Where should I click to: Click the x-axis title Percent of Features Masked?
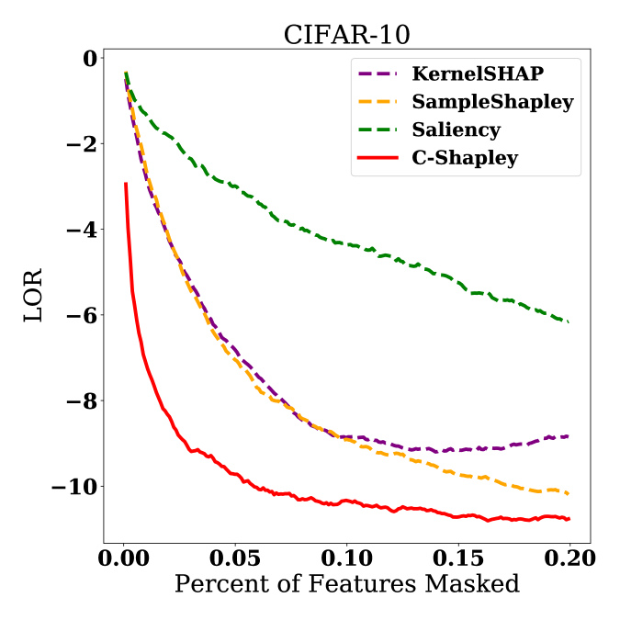tap(346, 583)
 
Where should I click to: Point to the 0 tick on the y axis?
tap(89, 58)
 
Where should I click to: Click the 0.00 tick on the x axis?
tap(124, 558)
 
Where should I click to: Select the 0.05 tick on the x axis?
tap(235, 558)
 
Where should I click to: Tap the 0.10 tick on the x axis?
tap(346, 558)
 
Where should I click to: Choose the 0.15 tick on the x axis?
tap(457, 558)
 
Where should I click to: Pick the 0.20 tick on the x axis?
tap(569, 558)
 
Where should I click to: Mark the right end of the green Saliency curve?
tap(569, 321)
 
